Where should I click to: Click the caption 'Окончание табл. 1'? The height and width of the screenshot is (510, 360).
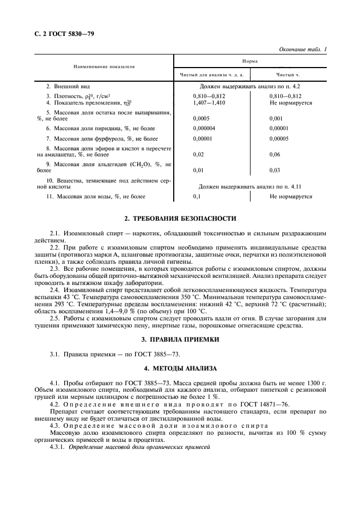click(x=302, y=50)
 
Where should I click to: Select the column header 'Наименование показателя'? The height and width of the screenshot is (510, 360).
click(x=104, y=66)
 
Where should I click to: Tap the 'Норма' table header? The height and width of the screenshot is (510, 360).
click(x=251, y=63)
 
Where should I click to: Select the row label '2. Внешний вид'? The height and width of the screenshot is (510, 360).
click(x=68, y=87)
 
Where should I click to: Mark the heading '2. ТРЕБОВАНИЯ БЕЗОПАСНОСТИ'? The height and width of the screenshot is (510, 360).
click(x=180, y=218)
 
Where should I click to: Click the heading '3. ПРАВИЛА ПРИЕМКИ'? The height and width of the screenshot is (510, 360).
click(x=180, y=339)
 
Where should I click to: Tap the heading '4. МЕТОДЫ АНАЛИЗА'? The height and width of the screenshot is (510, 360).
click(x=180, y=369)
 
